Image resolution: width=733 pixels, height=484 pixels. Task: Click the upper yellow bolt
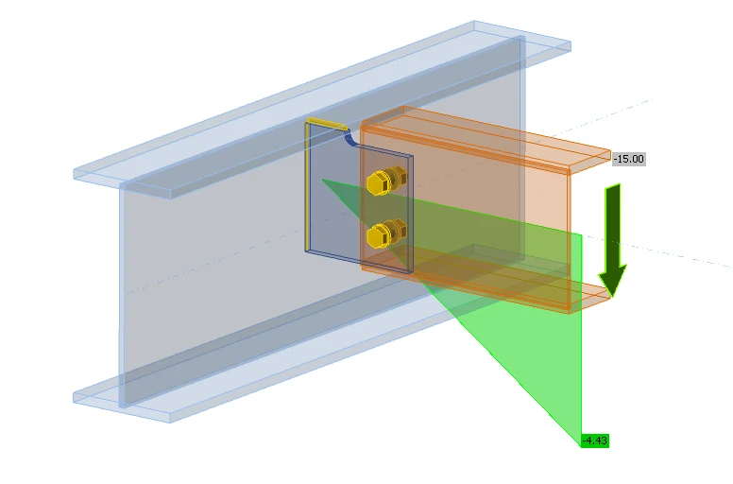[386, 181]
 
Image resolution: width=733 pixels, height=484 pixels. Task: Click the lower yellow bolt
[386, 233]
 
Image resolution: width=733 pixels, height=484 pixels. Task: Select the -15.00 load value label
[629, 159]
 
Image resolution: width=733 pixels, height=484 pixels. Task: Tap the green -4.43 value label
[595, 441]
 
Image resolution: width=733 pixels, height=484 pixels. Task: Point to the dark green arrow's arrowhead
[613, 280]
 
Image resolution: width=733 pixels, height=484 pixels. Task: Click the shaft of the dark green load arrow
[613, 224]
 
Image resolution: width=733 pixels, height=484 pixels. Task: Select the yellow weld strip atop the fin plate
[327, 124]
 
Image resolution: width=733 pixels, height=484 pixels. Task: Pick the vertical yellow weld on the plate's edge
[308, 186]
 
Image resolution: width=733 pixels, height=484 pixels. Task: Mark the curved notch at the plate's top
[350, 139]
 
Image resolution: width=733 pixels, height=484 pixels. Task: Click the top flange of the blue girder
[322, 110]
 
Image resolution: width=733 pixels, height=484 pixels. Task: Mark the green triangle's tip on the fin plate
[322, 179]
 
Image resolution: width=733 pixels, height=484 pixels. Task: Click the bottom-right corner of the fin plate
[413, 271]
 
